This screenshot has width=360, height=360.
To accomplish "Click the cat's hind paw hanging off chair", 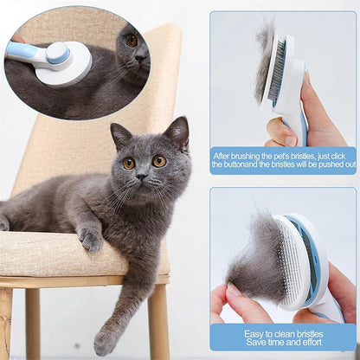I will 106,341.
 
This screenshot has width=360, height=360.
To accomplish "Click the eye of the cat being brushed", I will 132,40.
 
